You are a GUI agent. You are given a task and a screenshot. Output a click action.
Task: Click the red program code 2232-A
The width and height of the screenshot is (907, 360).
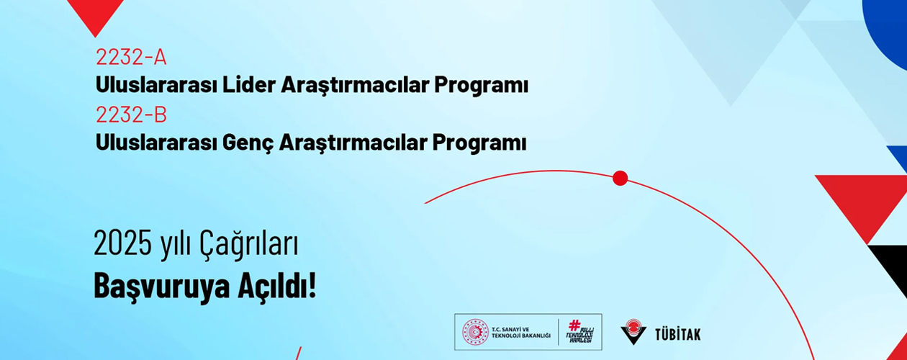[x=131, y=57]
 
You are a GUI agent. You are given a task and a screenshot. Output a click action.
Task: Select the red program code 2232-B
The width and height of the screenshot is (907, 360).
[x=131, y=114]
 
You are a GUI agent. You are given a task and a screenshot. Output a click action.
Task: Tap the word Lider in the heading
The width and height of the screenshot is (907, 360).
[x=248, y=85]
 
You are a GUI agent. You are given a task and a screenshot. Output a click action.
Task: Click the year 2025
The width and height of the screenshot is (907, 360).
[x=123, y=243]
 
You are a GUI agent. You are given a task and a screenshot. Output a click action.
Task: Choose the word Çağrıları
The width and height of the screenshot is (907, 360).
[x=248, y=245]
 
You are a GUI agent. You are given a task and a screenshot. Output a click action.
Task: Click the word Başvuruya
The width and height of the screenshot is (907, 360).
[x=161, y=287]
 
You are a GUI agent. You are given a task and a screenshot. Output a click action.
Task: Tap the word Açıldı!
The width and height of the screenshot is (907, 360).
[x=277, y=285]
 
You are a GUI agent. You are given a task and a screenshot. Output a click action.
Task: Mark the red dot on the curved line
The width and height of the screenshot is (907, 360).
[x=620, y=178]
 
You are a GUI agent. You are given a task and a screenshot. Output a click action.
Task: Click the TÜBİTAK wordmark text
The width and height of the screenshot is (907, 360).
[x=678, y=335]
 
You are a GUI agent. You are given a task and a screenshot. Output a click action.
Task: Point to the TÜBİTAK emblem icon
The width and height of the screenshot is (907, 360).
[x=633, y=332]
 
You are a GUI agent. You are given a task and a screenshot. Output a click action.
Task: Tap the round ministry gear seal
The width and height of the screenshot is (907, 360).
[x=476, y=332]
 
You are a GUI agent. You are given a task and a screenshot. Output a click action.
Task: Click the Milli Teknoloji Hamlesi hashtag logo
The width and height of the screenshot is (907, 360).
[x=580, y=332]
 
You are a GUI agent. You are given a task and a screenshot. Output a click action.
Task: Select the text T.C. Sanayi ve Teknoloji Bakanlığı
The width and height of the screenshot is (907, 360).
[x=521, y=333]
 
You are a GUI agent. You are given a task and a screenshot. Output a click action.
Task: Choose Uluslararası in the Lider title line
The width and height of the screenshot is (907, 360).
[x=156, y=85]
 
